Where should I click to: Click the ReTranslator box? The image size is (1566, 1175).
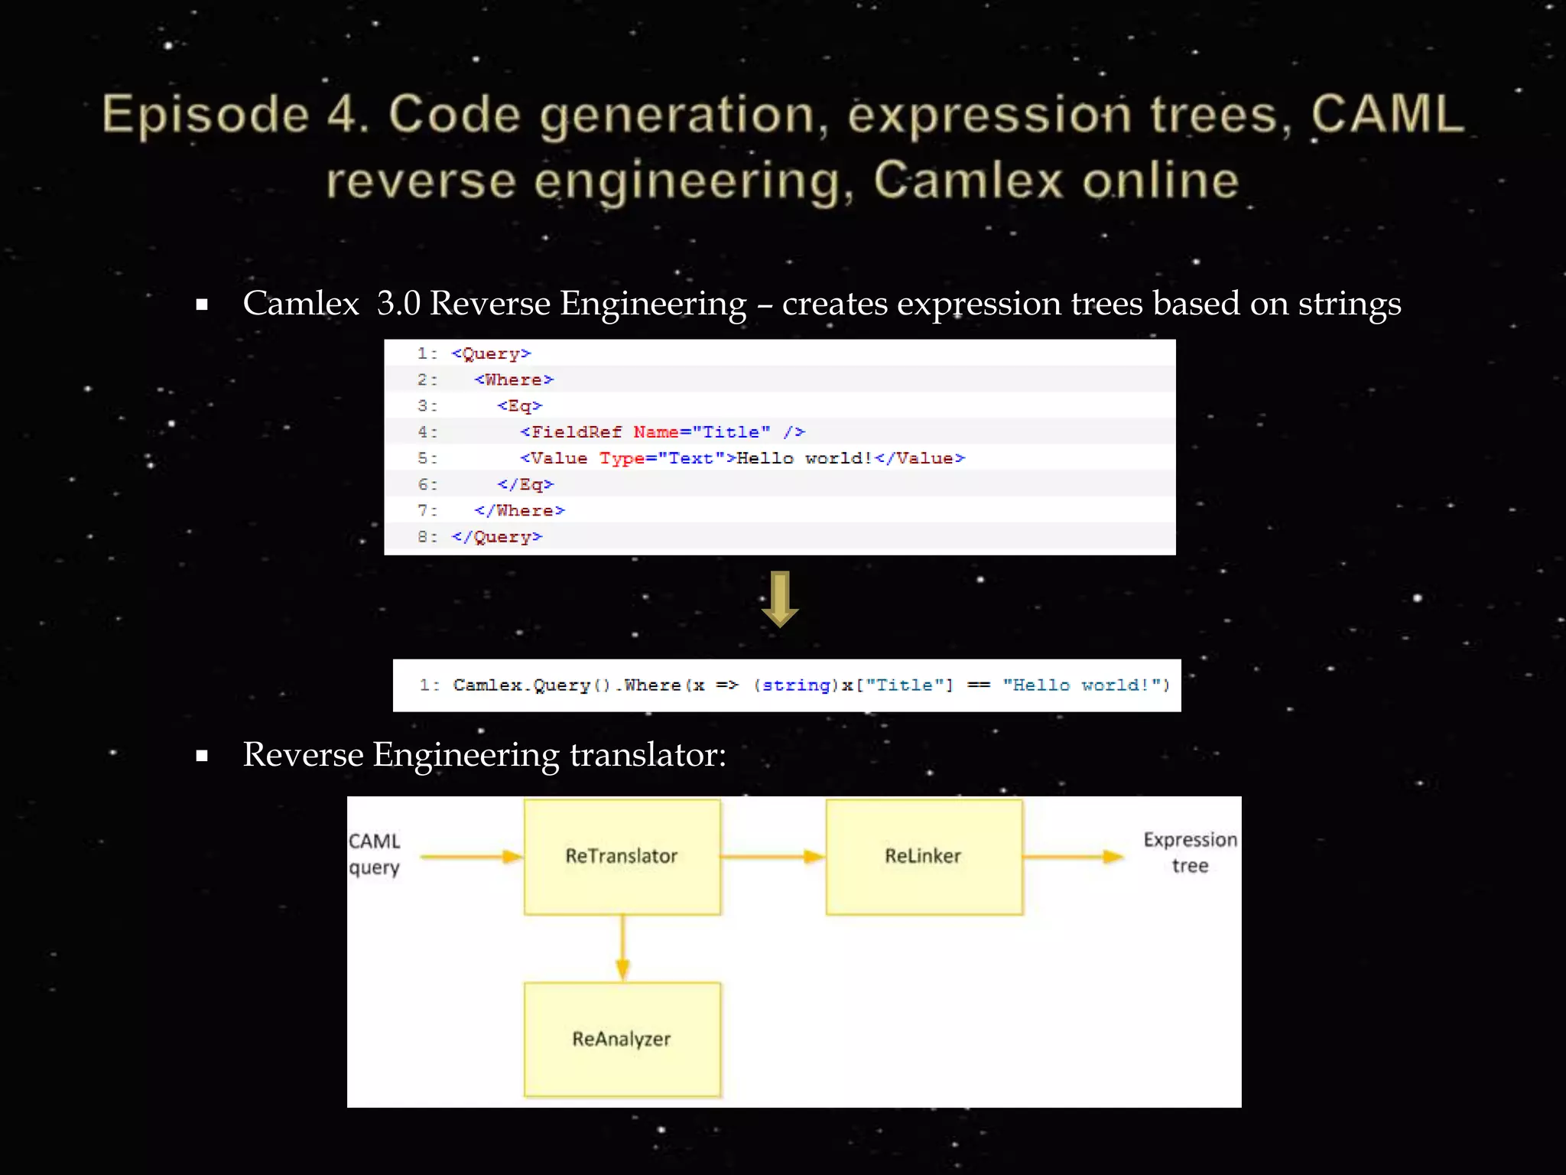click(x=622, y=857)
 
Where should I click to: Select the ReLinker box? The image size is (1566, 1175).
click(x=924, y=857)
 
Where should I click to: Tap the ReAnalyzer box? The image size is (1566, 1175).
click(x=622, y=1040)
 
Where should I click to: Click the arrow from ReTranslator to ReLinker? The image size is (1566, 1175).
click(x=772, y=857)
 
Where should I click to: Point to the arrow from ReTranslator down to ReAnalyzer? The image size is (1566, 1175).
click(x=622, y=949)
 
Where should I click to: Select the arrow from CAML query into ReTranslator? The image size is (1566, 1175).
click(x=471, y=857)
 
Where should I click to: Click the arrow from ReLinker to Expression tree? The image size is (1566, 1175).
click(x=1074, y=857)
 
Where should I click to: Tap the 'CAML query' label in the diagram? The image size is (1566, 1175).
click(x=375, y=854)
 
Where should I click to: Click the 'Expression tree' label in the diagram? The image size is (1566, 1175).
click(x=1190, y=853)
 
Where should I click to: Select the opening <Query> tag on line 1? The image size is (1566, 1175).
click(x=491, y=354)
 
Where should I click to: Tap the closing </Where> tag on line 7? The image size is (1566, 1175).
click(x=519, y=511)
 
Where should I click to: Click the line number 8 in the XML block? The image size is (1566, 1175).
click(x=424, y=537)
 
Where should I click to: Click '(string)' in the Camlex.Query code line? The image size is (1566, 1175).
click(x=795, y=685)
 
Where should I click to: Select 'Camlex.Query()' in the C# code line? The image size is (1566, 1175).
click(x=531, y=685)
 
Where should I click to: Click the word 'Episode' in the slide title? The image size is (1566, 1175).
click(x=206, y=116)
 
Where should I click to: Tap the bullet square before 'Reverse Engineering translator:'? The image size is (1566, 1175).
click(x=202, y=757)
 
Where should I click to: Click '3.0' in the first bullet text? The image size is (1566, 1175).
click(x=398, y=304)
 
